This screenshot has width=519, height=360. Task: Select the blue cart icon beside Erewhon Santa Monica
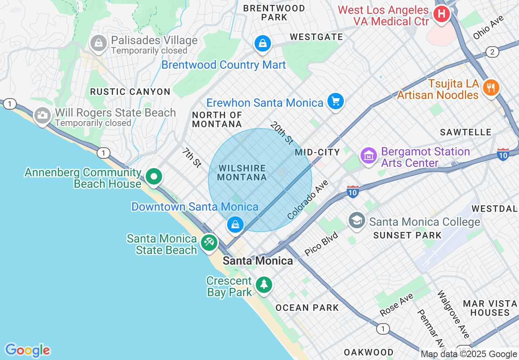(x=336, y=101)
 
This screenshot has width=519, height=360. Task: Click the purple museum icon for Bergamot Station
(x=369, y=155)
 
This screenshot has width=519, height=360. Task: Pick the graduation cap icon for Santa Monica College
(x=357, y=220)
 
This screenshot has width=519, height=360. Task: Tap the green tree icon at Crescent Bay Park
(x=264, y=284)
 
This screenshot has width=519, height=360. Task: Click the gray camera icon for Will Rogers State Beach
(x=42, y=116)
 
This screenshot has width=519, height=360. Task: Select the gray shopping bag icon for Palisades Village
(x=98, y=43)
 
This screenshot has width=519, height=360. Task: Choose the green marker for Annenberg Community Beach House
(x=154, y=177)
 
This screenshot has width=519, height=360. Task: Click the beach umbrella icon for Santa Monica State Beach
(x=209, y=243)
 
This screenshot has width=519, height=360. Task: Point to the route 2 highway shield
(x=492, y=52)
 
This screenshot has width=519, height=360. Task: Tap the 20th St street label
(x=282, y=133)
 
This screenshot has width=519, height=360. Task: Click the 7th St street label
(x=192, y=158)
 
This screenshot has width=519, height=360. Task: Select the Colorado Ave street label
(x=308, y=200)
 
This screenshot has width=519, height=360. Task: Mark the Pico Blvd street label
(x=321, y=244)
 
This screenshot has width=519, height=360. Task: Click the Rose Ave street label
(x=397, y=305)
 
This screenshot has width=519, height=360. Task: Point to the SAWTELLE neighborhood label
(x=465, y=132)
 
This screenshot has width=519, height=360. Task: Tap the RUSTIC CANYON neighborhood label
(x=130, y=92)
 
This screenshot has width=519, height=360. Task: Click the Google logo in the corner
(x=27, y=350)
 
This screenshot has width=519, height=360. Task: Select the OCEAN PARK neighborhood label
(x=307, y=308)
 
